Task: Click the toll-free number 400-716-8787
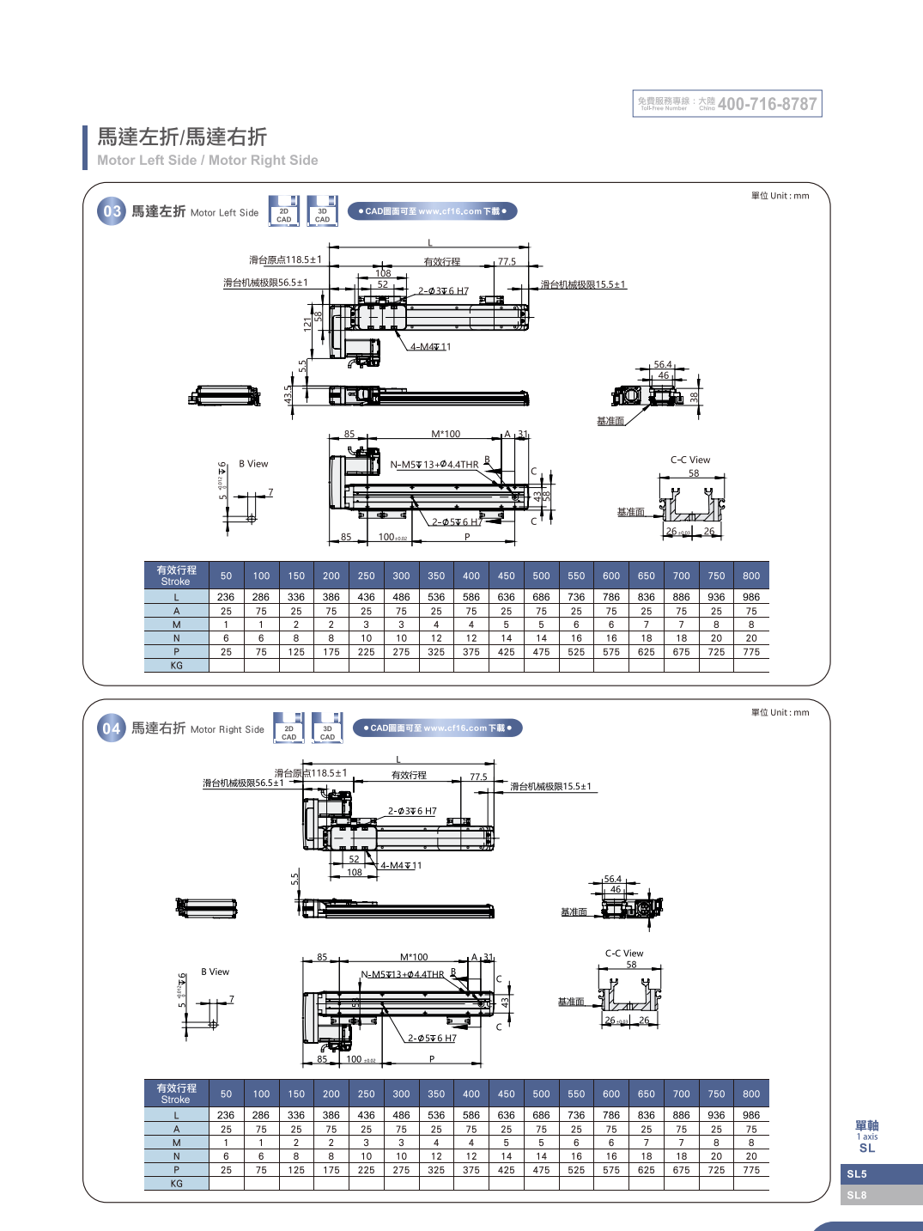767,104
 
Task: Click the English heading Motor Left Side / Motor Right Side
207,161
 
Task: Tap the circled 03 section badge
112,211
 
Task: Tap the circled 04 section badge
112,729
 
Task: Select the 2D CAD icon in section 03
284,211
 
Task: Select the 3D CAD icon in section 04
327,728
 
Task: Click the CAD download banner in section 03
432,211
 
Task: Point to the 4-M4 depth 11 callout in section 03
430,347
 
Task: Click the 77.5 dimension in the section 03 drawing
507,262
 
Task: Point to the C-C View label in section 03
690,460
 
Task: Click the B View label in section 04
216,972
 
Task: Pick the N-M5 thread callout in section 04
403,975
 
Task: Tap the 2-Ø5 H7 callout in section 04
432,1039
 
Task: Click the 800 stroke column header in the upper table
751,576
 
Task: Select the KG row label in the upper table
177,666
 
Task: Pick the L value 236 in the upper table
226,597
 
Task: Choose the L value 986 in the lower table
751,1115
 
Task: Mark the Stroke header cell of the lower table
176,1094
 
